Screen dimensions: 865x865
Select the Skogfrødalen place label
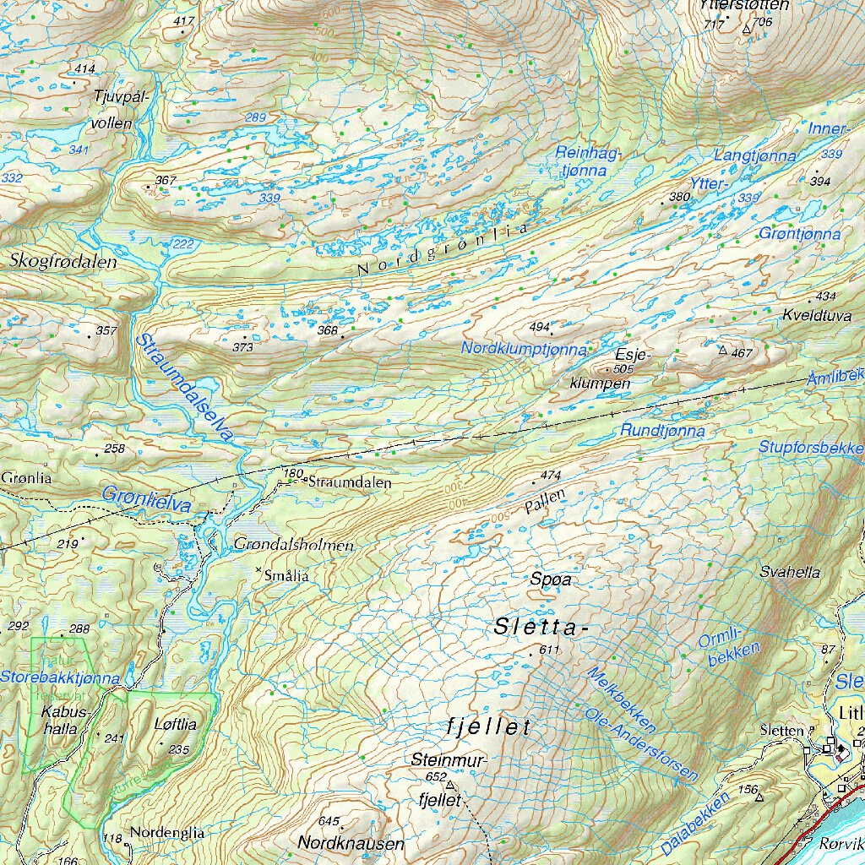coord(63,262)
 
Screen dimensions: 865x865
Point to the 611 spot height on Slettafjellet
coord(549,650)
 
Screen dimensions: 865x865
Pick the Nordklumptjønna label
coord(524,348)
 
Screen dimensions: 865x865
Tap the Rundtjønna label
coord(662,431)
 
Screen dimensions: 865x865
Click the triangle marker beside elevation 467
coord(722,349)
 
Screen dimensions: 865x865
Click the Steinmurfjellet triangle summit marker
coord(449,785)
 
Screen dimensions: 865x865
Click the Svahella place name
coord(790,572)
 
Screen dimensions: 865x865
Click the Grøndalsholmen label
coord(293,546)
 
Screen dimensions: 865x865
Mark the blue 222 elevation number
coord(182,243)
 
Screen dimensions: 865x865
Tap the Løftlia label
coord(176,725)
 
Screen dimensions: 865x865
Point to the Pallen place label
coord(544,503)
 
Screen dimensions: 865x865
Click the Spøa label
coord(551,579)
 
